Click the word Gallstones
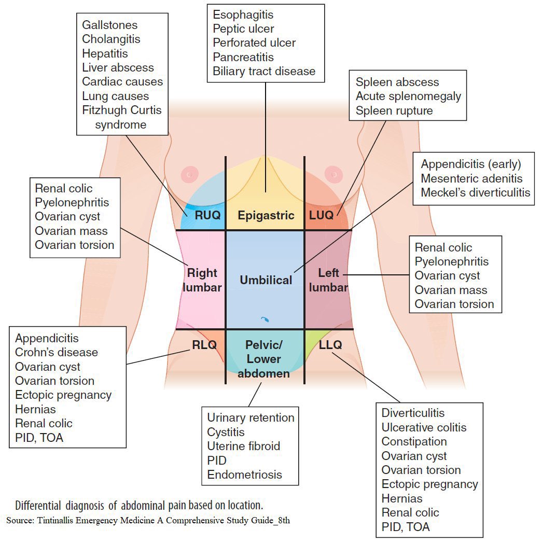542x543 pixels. (109, 25)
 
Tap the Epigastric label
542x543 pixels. (266, 215)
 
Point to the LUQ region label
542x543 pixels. (321, 215)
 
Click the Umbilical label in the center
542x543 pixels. (266, 280)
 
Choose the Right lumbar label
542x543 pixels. (202, 280)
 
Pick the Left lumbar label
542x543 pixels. (328, 280)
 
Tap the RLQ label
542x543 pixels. (203, 344)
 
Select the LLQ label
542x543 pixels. (330, 344)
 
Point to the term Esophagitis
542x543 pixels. (243, 15)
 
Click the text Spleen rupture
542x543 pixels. (394, 110)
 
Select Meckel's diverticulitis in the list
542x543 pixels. (476, 192)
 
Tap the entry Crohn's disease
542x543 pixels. (56, 352)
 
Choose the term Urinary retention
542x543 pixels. (251, 417)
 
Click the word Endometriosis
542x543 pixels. (244, 474)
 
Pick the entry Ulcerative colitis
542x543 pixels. (424, 427)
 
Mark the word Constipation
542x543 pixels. (414, 441)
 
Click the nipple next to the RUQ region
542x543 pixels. (190, 173)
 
